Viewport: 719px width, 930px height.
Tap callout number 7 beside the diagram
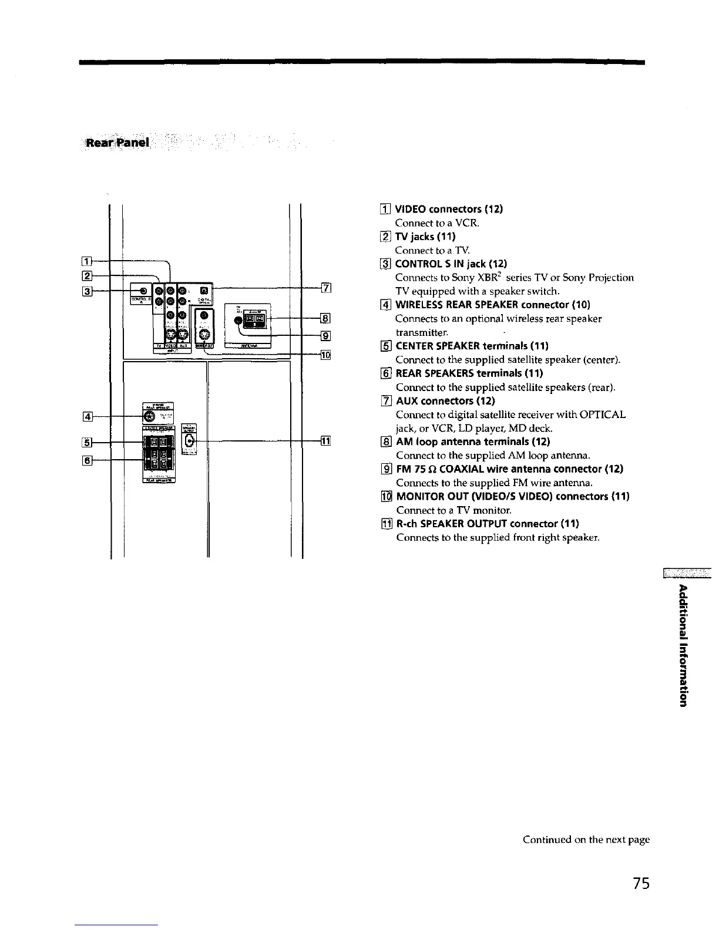tap(327, 288)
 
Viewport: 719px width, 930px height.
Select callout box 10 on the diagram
tap(327, 355)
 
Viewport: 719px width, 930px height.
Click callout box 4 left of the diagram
tap(87, 417)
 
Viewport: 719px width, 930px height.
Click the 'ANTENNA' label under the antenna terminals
tap(246, 346)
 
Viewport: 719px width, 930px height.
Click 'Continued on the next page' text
tap(586, 840)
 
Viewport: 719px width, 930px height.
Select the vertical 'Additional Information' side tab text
tap(683, 646)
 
